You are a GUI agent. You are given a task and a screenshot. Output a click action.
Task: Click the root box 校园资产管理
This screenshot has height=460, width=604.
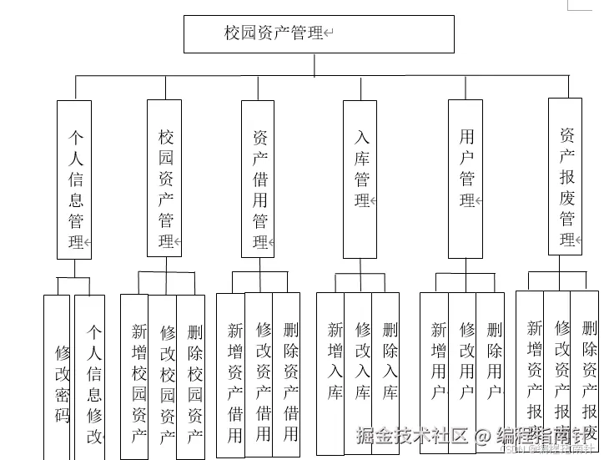coord(319,34)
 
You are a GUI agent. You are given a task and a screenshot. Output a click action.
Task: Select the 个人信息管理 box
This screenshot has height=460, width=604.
coord(74,179)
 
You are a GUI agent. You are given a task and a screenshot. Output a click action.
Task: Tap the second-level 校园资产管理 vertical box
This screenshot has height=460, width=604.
coord(164,178)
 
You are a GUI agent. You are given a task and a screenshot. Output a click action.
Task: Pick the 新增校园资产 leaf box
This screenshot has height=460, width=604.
coord(135,376)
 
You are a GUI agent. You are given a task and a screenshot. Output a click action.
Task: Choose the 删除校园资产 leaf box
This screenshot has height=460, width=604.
coord(191,376)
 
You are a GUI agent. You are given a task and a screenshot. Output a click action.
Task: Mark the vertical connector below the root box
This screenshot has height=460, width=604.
coord(314,64)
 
